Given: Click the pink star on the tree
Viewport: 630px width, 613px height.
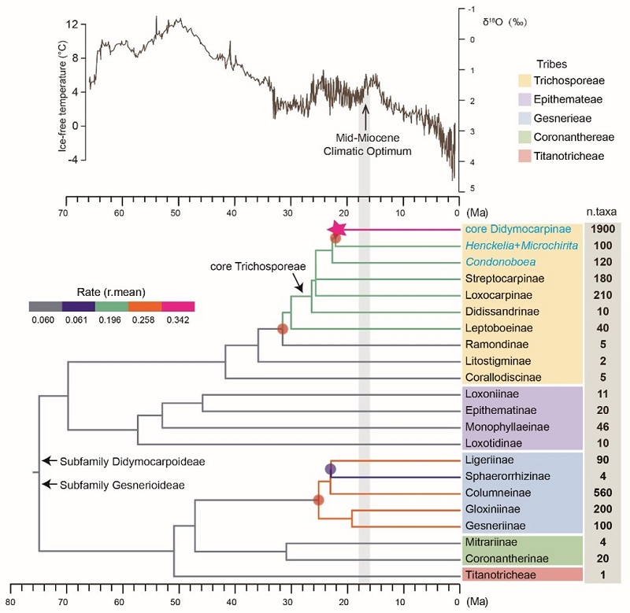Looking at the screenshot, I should click(336, 229).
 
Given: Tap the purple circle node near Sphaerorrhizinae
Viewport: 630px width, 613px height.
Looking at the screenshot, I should click(330, 470).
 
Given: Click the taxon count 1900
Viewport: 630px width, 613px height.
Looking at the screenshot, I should click(602, 229).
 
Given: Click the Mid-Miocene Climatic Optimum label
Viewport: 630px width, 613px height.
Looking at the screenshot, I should click(367, 143).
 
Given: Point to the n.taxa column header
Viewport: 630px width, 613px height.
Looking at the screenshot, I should click(602, 212).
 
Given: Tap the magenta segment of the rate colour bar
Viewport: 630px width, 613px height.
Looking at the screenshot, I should click(178, 305).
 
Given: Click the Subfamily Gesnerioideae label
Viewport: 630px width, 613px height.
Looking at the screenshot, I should click(122, 486).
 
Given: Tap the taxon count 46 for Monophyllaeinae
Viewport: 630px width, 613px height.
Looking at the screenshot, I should click(602, 428).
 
